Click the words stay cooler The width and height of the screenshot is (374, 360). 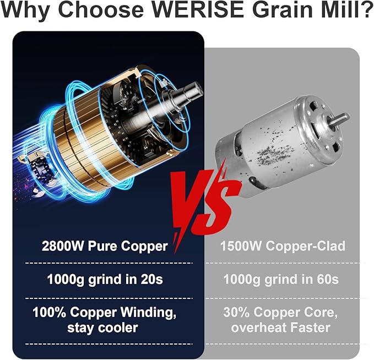pyautogui.click(x=102, y=329)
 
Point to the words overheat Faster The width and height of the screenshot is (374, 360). pyautogui.click(x=281, y=329)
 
